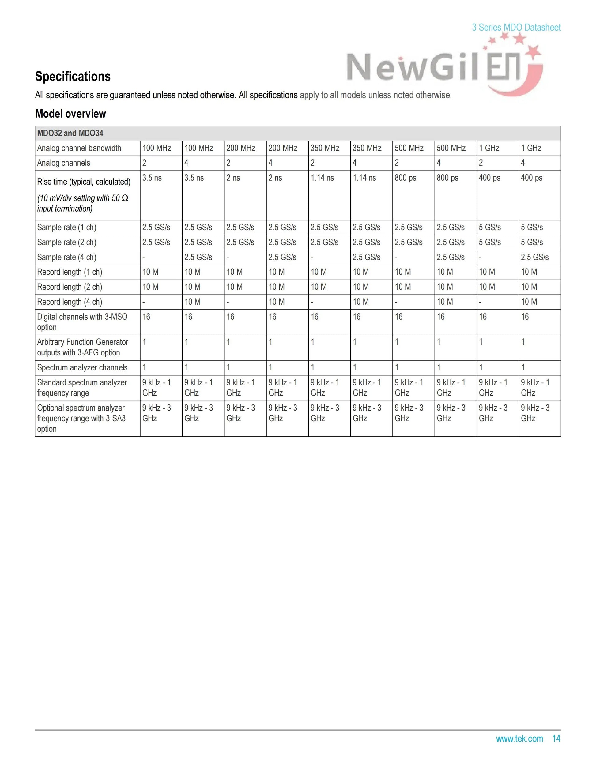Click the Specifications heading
click(73, 76)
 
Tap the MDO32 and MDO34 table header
click(70, 133)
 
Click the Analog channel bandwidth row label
click(79, 148)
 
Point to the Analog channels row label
click(64, 163)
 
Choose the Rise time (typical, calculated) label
click(84, 182)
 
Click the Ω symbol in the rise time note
click(125, 198)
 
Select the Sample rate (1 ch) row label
click(67, 227)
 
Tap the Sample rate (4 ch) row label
click(67, 257)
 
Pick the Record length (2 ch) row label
click(70, 287)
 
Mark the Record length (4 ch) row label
click(70, 302)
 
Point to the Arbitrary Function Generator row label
click(83, 347)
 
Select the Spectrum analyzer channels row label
click(82, 367)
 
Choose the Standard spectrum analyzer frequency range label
click(82, 388)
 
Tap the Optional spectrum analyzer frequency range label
click(81, 418)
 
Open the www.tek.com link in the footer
click(519, 739)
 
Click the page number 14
click(556, 739)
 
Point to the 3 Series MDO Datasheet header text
click(516, 28)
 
